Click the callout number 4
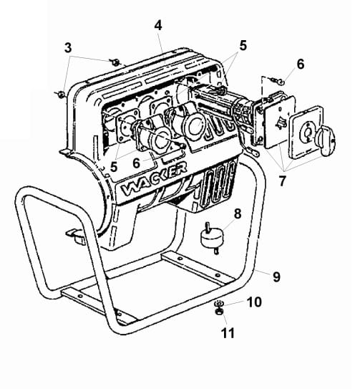[158, 26]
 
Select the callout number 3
[68, 47]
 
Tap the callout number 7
[283, 181]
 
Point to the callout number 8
[238, 213]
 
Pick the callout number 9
[276, 277]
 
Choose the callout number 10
[254, 302]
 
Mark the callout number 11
[228, 333]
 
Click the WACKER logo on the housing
[154, 179]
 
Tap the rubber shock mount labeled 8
[212, 238]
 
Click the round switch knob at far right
[326, 141]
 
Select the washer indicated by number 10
[218, 303]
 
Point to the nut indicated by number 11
[218, 311]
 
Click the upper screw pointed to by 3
[115, 62]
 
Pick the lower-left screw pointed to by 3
[61, 94]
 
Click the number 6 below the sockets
[136, 163]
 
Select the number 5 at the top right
[243, 45]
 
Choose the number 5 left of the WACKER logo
[114, 166]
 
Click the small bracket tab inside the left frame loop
[75, 236]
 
